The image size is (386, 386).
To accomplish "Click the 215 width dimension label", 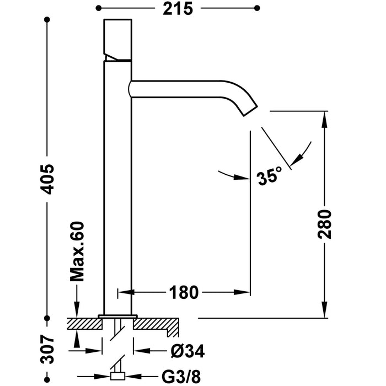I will [177, 9].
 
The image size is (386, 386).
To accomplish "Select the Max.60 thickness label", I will [77, 251].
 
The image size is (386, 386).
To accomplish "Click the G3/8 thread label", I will [178, 377].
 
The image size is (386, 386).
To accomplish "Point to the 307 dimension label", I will [48, 350].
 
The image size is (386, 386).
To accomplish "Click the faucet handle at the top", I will [118, 39].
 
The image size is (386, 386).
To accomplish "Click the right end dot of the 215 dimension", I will [256, 8].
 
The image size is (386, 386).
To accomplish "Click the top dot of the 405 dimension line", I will [48, 20].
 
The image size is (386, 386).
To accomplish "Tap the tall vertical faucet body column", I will [118, 187].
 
